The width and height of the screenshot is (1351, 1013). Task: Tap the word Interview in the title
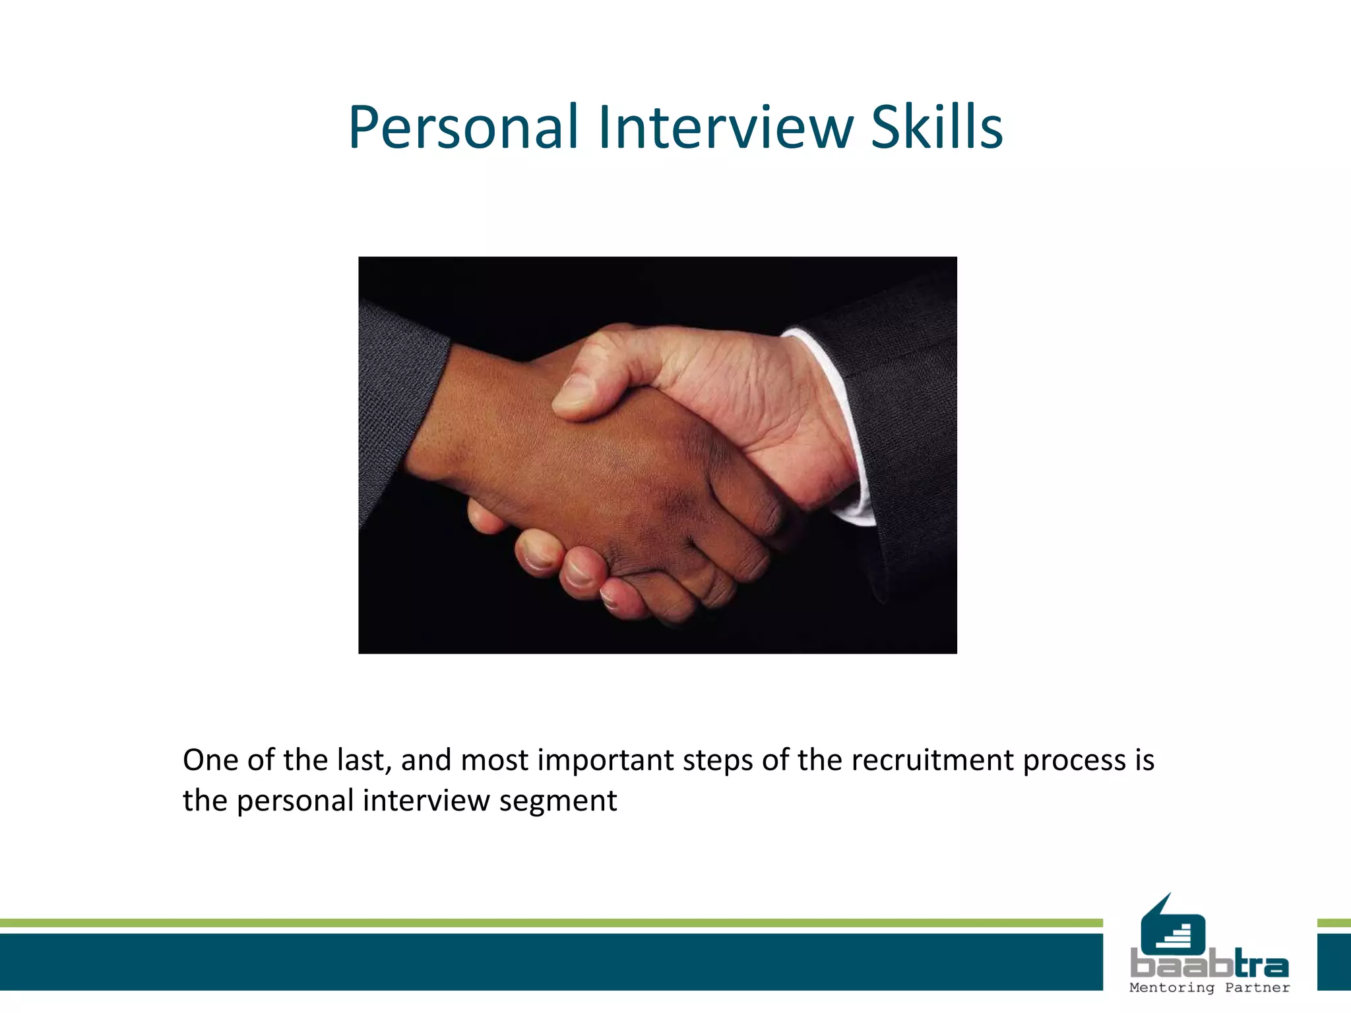coord(726,127)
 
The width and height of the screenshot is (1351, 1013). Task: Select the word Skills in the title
coord(937,127)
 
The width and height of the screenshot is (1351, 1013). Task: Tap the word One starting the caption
coord(210,760)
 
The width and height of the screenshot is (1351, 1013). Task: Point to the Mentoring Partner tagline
coord(1209,988)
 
